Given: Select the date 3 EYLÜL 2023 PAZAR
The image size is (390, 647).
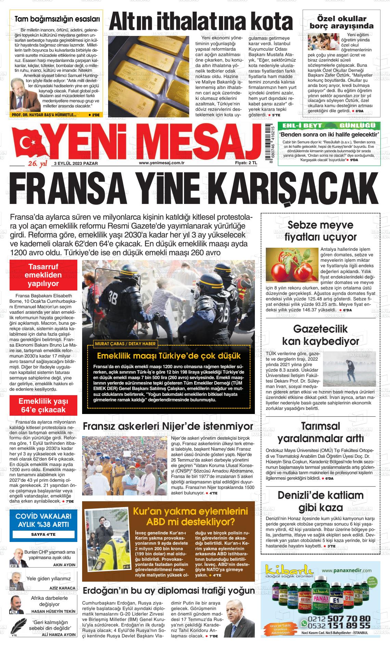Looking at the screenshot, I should click(x=76, y=163).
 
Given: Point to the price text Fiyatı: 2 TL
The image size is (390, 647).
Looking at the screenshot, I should click(x=246, y=163).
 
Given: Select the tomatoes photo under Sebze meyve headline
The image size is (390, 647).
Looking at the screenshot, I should click(x=292, y=266).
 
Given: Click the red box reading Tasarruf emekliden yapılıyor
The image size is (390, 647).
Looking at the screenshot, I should click(x=43, y=275).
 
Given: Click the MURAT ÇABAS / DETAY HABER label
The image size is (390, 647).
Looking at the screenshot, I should click(x=125, y=344).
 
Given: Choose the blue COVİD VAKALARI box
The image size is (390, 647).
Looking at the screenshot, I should click(x=43, y=520).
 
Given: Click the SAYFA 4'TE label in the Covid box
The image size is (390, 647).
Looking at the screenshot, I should click(x=43, y=534).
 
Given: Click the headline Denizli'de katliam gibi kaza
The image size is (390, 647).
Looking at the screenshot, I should click(x=320, y=502).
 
